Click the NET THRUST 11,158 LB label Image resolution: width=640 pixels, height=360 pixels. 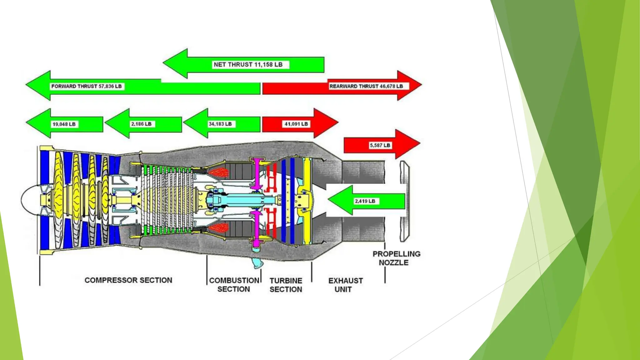[248, 65]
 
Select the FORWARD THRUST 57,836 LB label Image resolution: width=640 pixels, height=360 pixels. [87, 86]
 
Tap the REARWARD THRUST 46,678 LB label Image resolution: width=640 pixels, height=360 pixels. [366, 86]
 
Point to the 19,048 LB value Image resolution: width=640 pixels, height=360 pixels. [64, 124]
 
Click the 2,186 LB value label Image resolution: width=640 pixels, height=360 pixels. [141, 124]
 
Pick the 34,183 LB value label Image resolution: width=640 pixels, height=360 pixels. [220, 124]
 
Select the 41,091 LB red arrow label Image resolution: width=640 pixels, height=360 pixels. [296, 124]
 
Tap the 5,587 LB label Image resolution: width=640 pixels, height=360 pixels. [380, 145]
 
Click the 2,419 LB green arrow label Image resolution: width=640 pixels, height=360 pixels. [365, 201]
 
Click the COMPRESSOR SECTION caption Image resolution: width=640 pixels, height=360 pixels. [128, 280]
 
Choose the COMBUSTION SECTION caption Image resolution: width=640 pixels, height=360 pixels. [234, 285]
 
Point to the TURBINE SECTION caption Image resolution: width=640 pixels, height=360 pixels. [286, 285]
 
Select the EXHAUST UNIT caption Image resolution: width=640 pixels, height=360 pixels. [345, 285]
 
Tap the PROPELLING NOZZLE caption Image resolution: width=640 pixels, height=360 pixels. [396, 258]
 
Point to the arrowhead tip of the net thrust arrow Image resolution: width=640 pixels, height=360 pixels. [164, 63]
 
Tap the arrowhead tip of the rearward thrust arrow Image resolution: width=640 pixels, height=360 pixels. [421, 85]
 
